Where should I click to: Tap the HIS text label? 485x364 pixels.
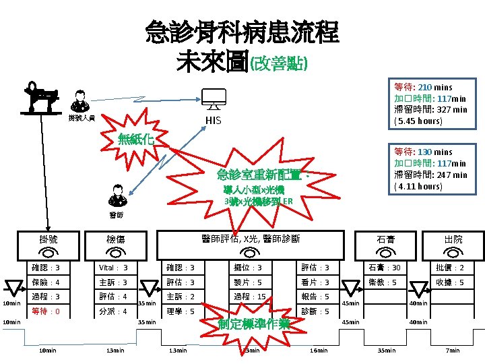tap(213, 121)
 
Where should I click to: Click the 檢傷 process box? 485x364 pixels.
tap(115, 239)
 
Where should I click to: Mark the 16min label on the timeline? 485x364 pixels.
tap(317, 351)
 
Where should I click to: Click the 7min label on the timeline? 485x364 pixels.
tap(453, 351)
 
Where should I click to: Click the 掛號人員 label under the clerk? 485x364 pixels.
tap(82, 118)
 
